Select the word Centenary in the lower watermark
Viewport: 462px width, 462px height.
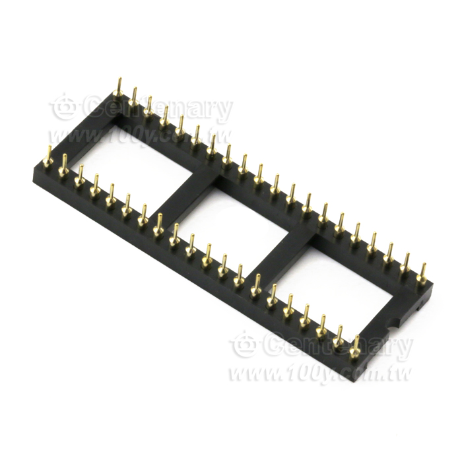(x=338, y=346)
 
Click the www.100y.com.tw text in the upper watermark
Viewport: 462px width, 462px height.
(x=139, y=137)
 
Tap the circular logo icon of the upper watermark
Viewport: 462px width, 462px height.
(x=65, y=107)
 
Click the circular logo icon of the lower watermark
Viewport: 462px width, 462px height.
(x=245, y=344)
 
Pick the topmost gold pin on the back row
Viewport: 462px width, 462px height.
(x=119, y=88)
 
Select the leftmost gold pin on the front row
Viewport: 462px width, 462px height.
(x=48, y=156)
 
